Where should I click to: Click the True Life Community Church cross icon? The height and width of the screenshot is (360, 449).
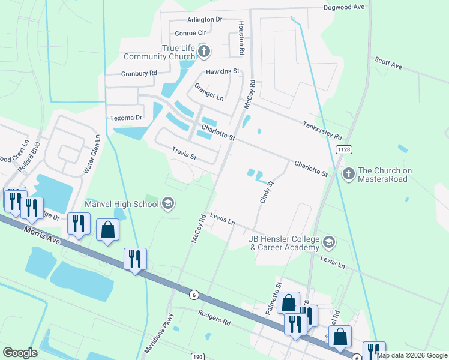(203, 52)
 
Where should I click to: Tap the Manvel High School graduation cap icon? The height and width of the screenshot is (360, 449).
(168, 204)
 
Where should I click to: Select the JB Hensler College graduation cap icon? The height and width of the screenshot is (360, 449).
(328, 242)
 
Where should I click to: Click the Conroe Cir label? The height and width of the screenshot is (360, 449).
(190, 34)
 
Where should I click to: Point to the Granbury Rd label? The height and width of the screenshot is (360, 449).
(139, 73)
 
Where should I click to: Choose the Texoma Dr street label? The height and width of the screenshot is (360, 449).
(125, 118)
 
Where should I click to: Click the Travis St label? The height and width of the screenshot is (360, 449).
(184, 155)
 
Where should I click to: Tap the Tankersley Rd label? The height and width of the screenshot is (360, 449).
(322, 128)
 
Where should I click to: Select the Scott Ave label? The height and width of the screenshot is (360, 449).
(388, 64)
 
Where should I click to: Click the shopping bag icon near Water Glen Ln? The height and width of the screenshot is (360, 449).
(107, 230)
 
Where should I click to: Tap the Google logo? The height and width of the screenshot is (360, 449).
(20, 353)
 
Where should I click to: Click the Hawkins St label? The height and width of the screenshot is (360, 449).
(223, 71)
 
